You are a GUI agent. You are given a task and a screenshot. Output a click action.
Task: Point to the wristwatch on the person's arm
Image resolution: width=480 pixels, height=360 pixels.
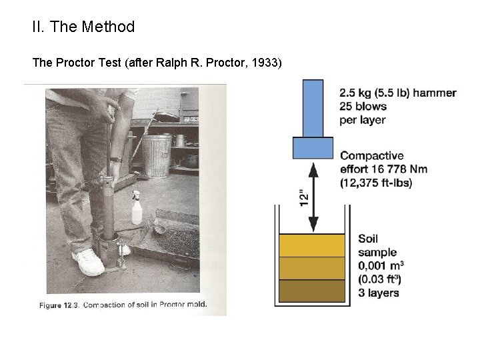tap(116, 159)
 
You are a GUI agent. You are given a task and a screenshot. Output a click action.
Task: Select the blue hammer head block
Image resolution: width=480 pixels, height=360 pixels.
tap(313, 147)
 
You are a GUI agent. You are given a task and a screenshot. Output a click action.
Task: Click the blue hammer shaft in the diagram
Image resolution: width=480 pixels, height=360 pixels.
tap(313, 107)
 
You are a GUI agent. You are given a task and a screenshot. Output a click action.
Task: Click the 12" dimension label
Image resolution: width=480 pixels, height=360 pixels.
tap(304, 197)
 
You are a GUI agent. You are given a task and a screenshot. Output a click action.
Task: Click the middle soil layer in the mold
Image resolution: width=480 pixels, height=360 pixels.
tap(313, 268)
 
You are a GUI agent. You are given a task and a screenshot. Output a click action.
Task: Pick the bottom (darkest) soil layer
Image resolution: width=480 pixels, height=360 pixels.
tap(313, 291)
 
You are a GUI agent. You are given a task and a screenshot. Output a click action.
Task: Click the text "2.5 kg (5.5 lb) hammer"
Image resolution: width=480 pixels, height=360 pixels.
tap(398, 93)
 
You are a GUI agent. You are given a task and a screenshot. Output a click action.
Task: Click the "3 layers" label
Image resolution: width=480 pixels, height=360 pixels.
tap(379, 292)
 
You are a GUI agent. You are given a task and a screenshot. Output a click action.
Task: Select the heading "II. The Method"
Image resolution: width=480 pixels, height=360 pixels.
tap(83, 27)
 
